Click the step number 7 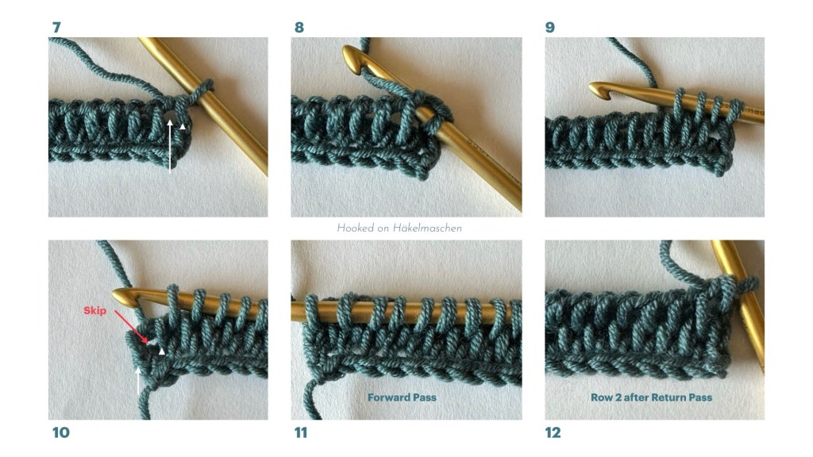[56, 27]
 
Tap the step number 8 [299, 27]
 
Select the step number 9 [550, 27]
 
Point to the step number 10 [61, 432]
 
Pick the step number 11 [301, 432]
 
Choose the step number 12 [553, 432]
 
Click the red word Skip [95, 310]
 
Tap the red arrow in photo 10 [132, 326]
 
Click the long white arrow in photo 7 [170, 146]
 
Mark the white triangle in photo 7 [182, 126]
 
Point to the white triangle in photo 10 [162, 351]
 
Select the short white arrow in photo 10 [138, 381]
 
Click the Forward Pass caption [402, 397]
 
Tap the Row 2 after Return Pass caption [651, 397]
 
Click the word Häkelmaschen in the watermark [427, 228]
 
